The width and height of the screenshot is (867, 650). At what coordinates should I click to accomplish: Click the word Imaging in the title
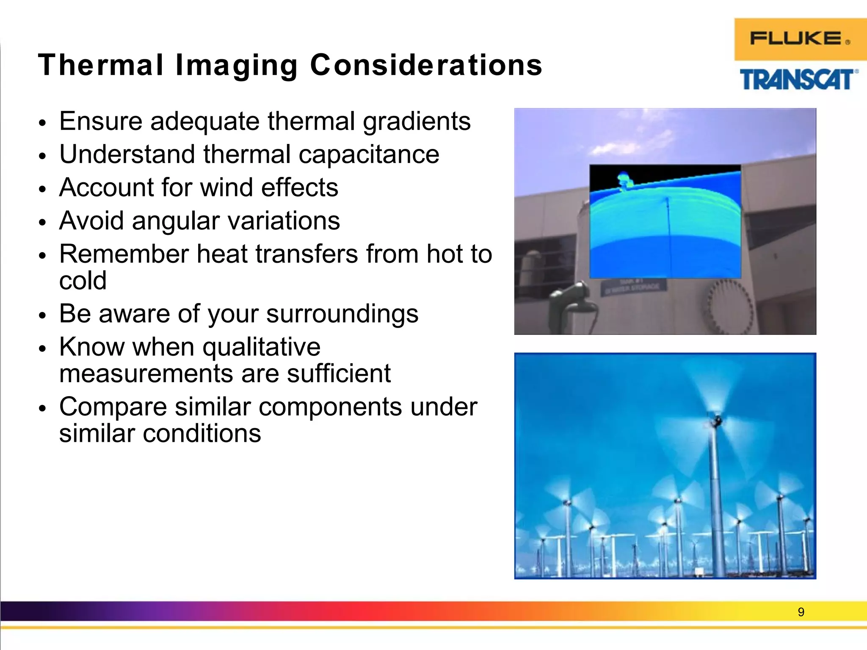pyautogui.click(x=236, y=66)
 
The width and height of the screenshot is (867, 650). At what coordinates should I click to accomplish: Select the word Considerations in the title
pyautogui.click(x=426, y=66)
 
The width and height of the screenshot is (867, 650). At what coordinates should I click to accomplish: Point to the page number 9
pyautogui.click(x=801, y=612)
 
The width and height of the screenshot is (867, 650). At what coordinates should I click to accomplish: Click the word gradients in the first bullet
pyautogui.click(x=417, y=122)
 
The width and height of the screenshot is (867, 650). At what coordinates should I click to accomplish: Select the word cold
pyautogui.click(x=83, y=281)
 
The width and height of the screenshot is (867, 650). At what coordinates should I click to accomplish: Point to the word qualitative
pyautogui.click(x=261, y=347)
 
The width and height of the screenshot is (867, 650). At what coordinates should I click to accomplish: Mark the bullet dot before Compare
pyautogui.click(x=41, y=409)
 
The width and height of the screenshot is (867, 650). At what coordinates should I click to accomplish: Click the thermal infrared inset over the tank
pyautogui.click(x=665, y=221)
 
